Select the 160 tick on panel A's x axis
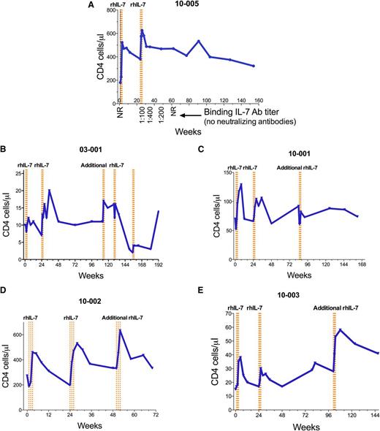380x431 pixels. (x=259, y=101)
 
